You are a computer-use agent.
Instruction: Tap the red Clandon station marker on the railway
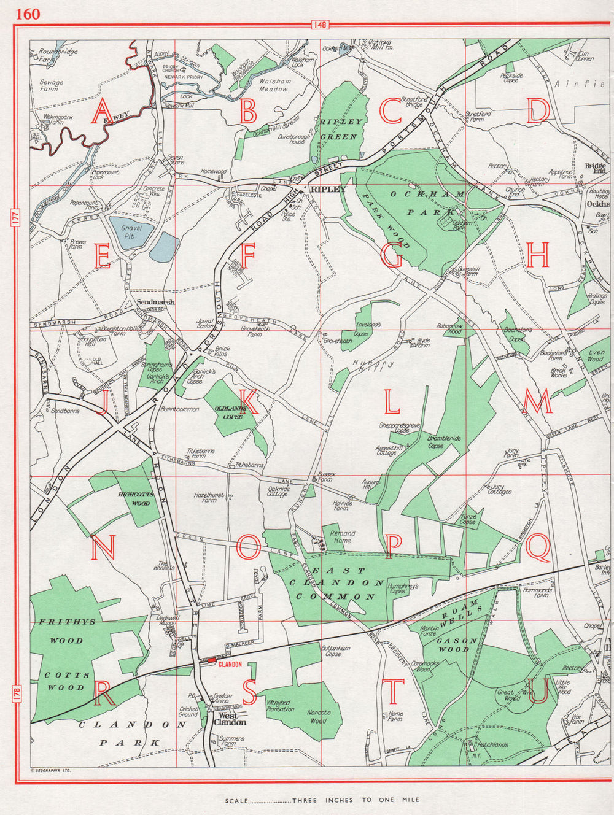211,660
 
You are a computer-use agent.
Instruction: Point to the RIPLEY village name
328,190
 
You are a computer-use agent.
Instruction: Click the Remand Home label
341,537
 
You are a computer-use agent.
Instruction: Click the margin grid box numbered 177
14,220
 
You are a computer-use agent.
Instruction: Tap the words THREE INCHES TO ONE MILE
356,800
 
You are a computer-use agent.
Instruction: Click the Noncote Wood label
318,717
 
